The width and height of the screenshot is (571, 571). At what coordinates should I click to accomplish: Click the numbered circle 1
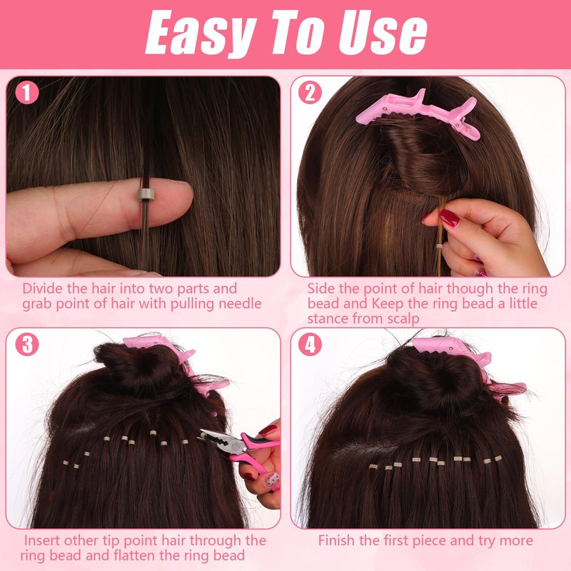pyautogui.click(x=27, y=93)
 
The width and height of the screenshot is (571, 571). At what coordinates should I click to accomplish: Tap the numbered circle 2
pyautogui.click(x=310, y=93)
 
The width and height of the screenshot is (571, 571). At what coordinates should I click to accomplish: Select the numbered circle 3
pyautogui.click(x=27, y=345)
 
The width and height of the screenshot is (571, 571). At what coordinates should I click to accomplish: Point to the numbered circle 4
pyautogui.click(x=310, y=345)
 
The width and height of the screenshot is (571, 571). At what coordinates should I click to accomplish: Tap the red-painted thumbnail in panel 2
pyautogui.click(x=450, y=218)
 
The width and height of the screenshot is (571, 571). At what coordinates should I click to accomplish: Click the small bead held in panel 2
pyautogui.click(x=440, y=246)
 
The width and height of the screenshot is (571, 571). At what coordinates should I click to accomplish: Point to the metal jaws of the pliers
pyautogui.click(x=216, y=440)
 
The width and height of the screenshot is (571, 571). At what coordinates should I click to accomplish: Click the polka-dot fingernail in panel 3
pyautogui.click(x=272, y=480)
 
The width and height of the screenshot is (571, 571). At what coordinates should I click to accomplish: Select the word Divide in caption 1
pyautogui.click(x=43, y=288)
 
